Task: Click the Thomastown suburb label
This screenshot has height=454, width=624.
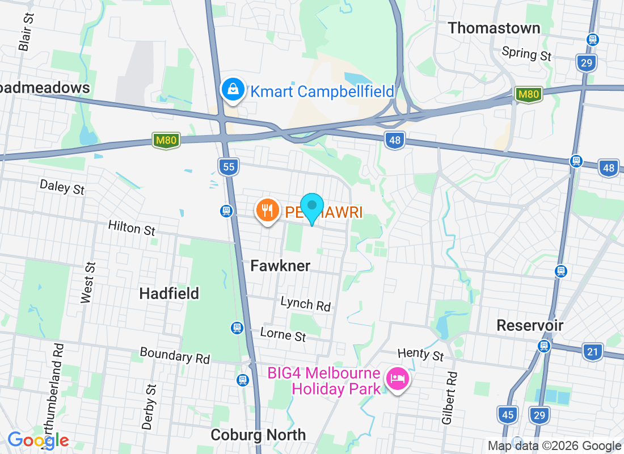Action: pyautogui.click(x=494, y=28)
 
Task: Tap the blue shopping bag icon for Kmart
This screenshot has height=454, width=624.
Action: pyautogui.click(x=233, y=89)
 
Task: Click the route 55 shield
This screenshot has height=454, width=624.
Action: pyautogui.click(x=228, y=166)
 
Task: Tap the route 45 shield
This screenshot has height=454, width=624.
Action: pyautogui.click(x=507, y=415)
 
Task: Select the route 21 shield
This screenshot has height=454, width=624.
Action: pyautogui.click(x=592, y=352)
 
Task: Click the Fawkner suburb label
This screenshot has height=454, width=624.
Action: pyautogui.click(x=280, y=266)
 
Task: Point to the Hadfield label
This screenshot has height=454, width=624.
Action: pyautogui.click(x=169, y=293)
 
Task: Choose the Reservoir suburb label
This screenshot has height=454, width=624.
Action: pyautogui.click(x=530, y=325)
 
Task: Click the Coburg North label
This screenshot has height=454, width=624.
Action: pyautogui.click(x=258, y=435)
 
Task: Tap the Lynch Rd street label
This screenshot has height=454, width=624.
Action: pyautogui.click(x=305, y=304)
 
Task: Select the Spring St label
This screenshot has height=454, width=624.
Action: pyautogui.click(x=527, y=53)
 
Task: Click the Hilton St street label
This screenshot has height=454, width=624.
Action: pyautogui.click(x=132, y=228)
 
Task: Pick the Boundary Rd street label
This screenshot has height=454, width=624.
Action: pyautogui.click(x=175, y=356)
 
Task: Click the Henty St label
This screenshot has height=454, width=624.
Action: pyautogui.click(x=420, y=355)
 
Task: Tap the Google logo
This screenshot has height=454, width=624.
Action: pyautogui.click(x=39, y=440)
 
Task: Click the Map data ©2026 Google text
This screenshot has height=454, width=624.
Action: pyautogui.click(x=554, y=446)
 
